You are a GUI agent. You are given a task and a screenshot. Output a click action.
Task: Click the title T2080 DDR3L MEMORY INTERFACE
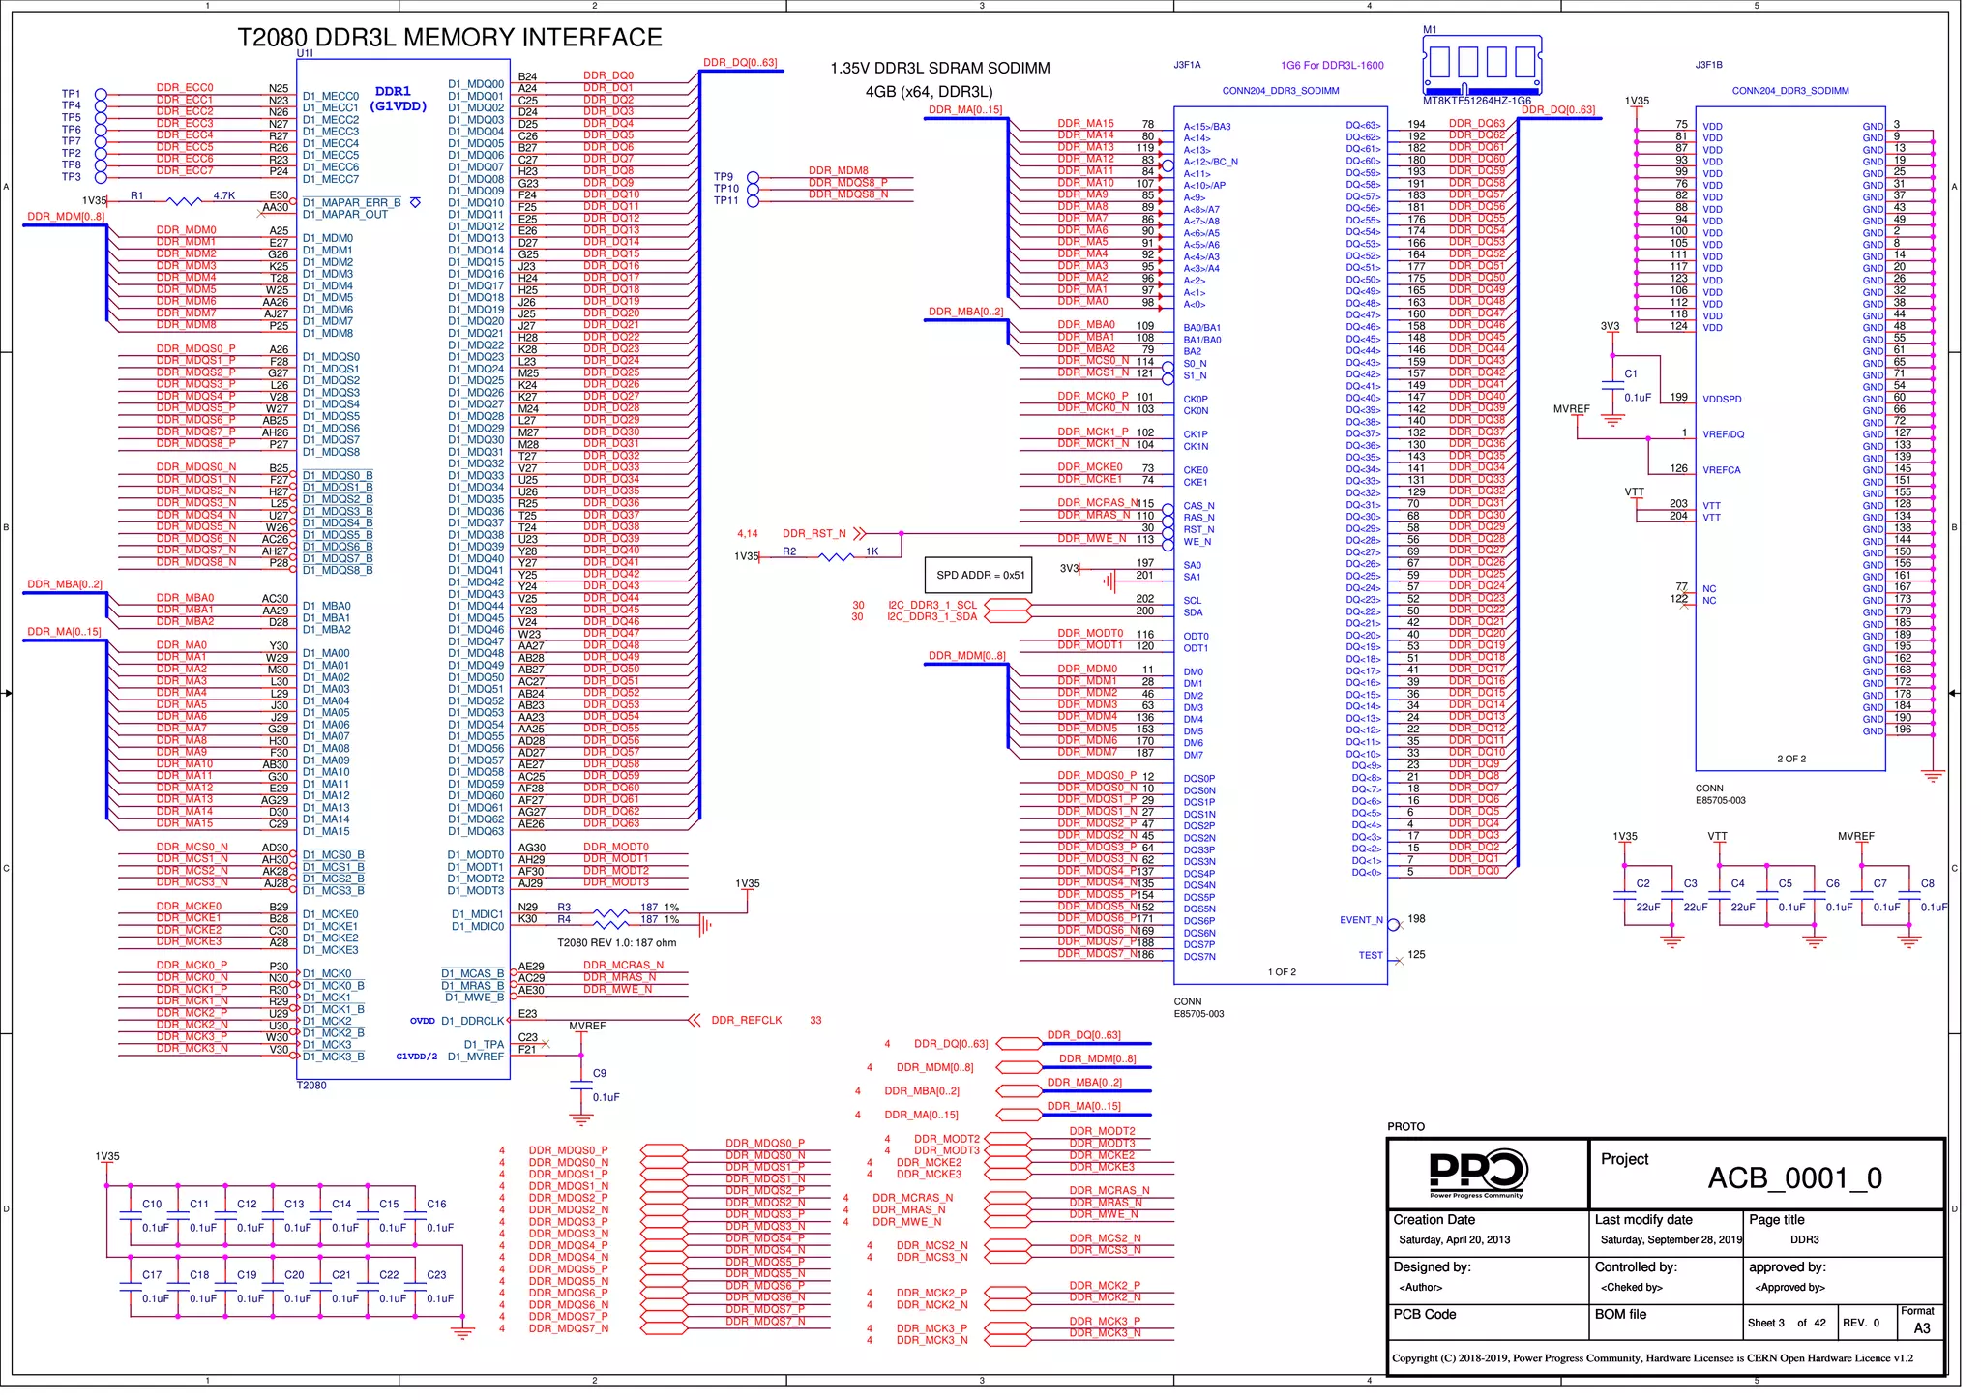(450, 38)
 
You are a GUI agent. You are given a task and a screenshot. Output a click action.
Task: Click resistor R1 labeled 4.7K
(184, 201)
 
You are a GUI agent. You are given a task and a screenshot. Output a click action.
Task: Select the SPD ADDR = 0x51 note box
(979, 575)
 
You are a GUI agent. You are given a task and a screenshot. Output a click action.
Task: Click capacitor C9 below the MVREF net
(581, 1086)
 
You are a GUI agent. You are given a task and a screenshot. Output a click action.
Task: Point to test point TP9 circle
(754, 178)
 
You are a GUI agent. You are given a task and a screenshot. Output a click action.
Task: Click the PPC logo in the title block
(1477, 1173)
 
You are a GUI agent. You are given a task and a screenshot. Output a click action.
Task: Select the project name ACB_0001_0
(1794, 1177)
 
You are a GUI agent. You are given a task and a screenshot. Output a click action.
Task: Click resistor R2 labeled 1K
(834, 557)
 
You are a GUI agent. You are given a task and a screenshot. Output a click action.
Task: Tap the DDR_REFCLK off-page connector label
(746, 1020)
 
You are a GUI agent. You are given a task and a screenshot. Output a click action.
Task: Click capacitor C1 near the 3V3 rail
(1612, 384)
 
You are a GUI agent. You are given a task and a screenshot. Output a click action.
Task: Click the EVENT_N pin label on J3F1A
(1361, 920)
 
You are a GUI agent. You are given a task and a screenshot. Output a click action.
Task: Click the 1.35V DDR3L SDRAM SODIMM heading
(939, 68)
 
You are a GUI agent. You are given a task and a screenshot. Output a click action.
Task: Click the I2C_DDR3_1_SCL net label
(931, 605)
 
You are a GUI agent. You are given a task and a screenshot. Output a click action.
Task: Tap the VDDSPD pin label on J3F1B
(1722, 399)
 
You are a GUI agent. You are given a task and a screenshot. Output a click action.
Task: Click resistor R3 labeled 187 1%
(609, 912)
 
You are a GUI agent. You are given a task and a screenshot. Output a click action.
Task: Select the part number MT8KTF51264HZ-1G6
(1476, 101)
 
